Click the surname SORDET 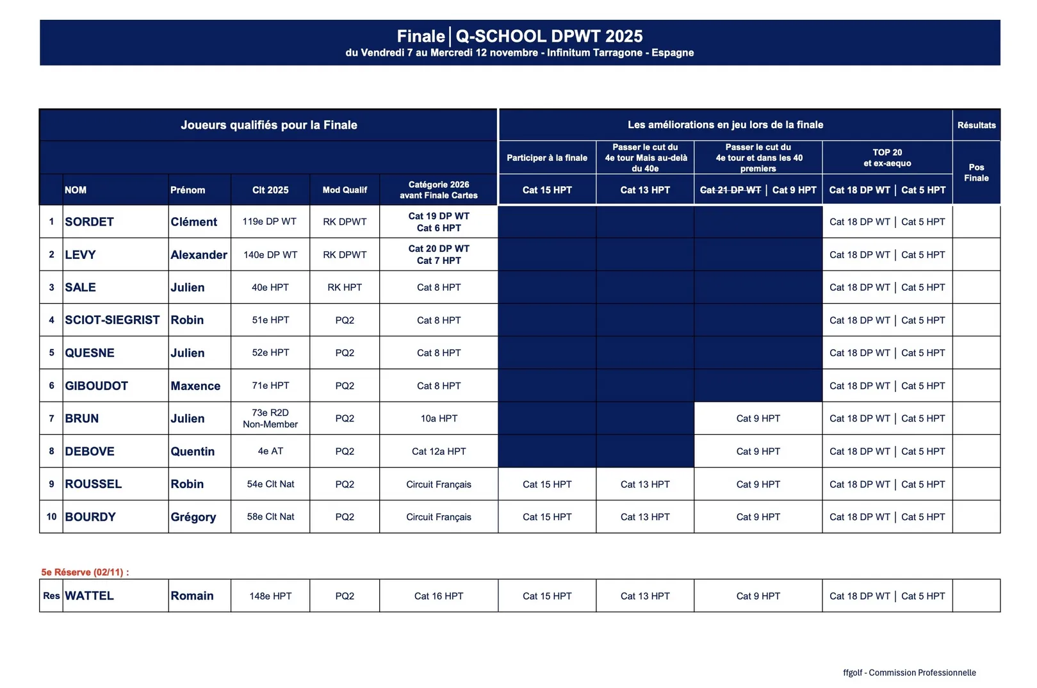click(89, 222)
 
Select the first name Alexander click(199, 254)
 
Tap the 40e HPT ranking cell click(270, 287)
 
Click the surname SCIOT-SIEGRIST click(112, 320)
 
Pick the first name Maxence click(195, 386)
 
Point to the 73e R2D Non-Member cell click(270, 418)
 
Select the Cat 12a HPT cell click(438, 451)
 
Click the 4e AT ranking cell click(270, 451)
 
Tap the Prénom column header click(188, 190)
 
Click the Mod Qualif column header click(345, 190)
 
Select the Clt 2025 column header click(270, 190)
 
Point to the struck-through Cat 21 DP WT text click(730, 190)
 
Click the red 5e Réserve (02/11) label click(85, 572)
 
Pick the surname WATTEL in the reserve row click(89, 596)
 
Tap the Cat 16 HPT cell click(438, 596)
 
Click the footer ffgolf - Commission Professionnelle click(909, 673)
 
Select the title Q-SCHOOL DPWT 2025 click(549, 36)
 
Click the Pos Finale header click(976, 172)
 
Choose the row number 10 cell click(51, 516)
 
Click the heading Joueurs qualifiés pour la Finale click(268, 125)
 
